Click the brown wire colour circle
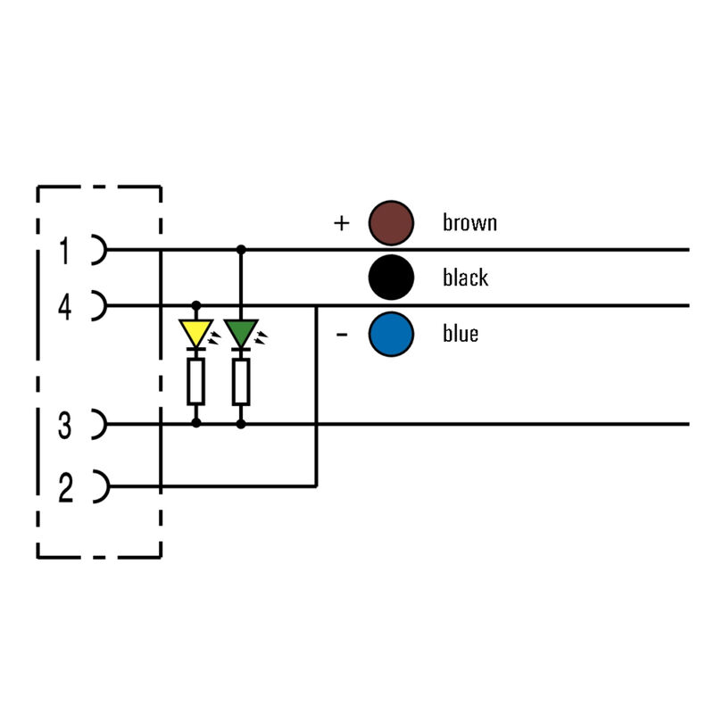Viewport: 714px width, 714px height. (392, 222)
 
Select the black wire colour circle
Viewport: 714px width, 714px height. (392, 278)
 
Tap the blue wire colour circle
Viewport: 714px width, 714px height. (392, 334)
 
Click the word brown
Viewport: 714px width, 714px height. (469, 222)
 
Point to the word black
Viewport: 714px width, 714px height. (465, 278)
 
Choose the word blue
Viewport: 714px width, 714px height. (461, 334)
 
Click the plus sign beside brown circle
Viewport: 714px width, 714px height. (341, 223)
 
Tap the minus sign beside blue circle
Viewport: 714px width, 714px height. (341, 335)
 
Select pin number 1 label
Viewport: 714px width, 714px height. (64, 251)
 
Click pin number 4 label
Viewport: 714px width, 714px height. (64, 308)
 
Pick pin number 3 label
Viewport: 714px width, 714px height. (64, 427)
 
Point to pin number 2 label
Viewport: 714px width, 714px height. (64, 489)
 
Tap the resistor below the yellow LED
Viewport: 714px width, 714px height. (196, 382)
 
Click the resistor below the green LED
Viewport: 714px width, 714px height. (240, 382)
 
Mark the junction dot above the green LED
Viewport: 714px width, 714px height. (240, 249)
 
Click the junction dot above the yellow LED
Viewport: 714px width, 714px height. (196, 305)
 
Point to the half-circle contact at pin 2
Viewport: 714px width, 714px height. (99, 487)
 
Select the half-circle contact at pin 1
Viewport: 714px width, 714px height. (99, 250)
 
